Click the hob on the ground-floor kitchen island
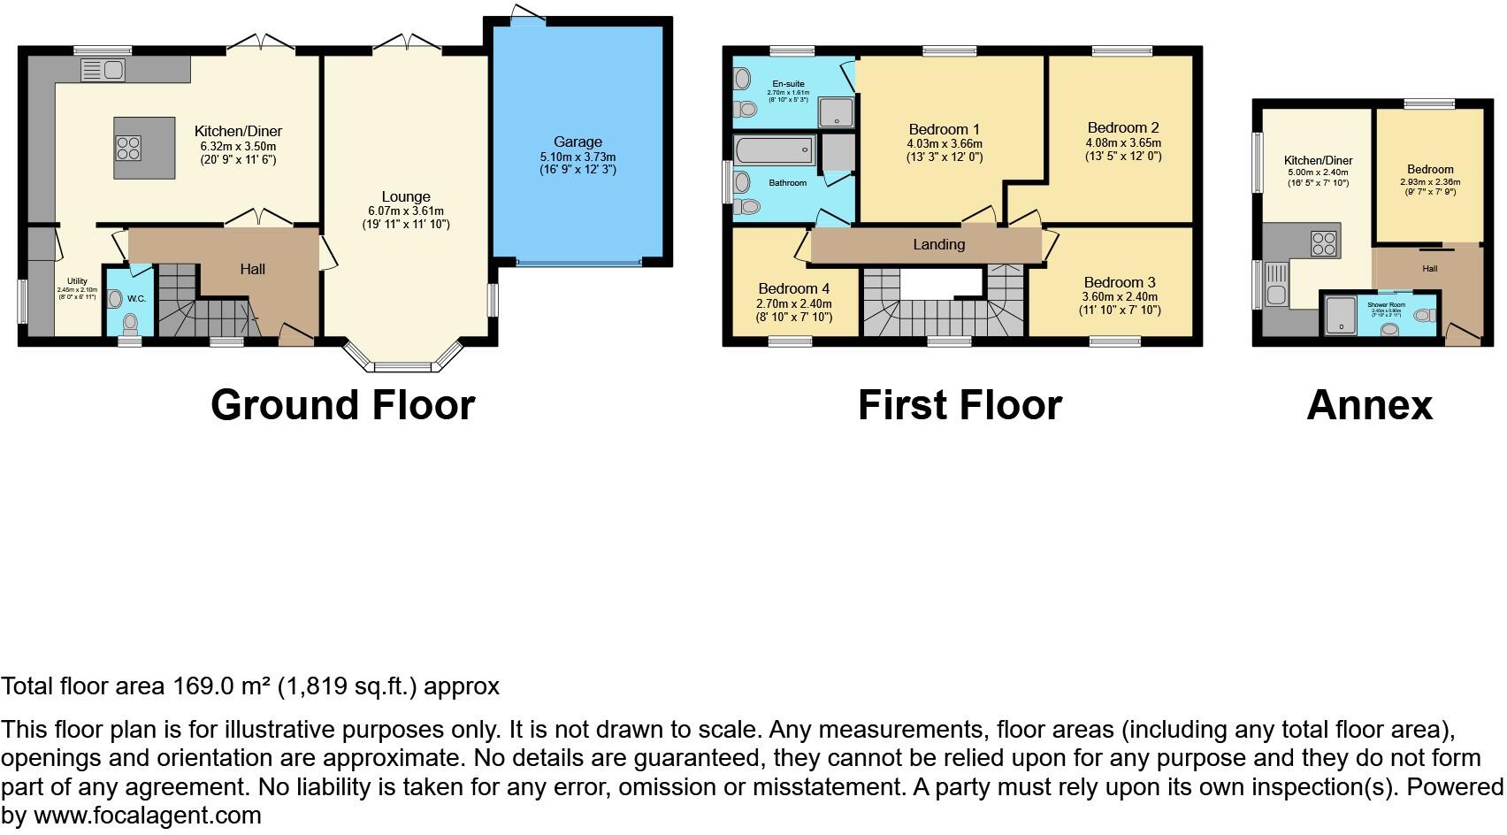coord(127,148)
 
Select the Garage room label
coord(578,142)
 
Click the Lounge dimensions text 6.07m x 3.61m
coord(406,211)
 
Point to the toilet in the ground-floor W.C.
coord(131,322)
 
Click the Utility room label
coord(77,281)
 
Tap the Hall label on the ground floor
coord(253,269)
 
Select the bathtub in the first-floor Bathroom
coord(774,151)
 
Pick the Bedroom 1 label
coord(944,129)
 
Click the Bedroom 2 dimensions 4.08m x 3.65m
coord(1123,142)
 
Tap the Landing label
coord(938,244)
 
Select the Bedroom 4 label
coord(793,288)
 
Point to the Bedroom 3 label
coord(1119,283)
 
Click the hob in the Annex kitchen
coord(1323,243)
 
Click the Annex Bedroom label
coord(1430,169)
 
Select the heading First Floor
coord(960,405)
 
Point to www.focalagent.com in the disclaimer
coord(148,816)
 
